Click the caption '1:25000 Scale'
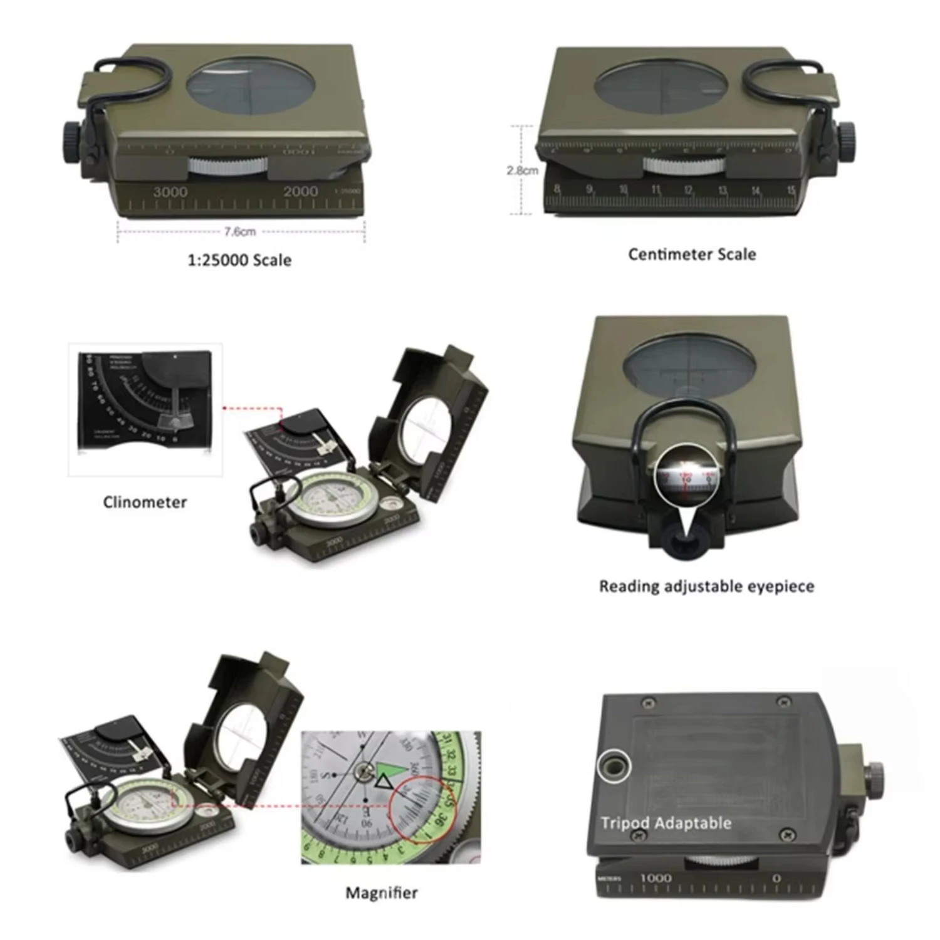click(x=239, y=260)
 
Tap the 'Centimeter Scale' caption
click(x=692, y=254)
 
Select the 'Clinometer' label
click(x=145, y=502)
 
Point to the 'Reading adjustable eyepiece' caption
click(x=706, y=587)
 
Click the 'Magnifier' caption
click(x=382, y=892)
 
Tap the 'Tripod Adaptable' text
click(x=666, y=823)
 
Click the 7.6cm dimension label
click(x=240, y=232)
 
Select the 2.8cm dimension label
click(x=522, y=170)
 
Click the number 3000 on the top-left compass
click(x=170, y=192)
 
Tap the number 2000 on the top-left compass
click(x=300, y=191)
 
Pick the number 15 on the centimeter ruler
click(x=791, y=190)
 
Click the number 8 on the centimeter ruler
click(x=556, y=189)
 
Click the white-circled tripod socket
click(x=614, y=766)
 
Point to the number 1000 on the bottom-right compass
click(x=655, y=878)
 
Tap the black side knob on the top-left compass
click(x=71, y=142)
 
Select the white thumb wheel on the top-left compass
click(x=227, y=166)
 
